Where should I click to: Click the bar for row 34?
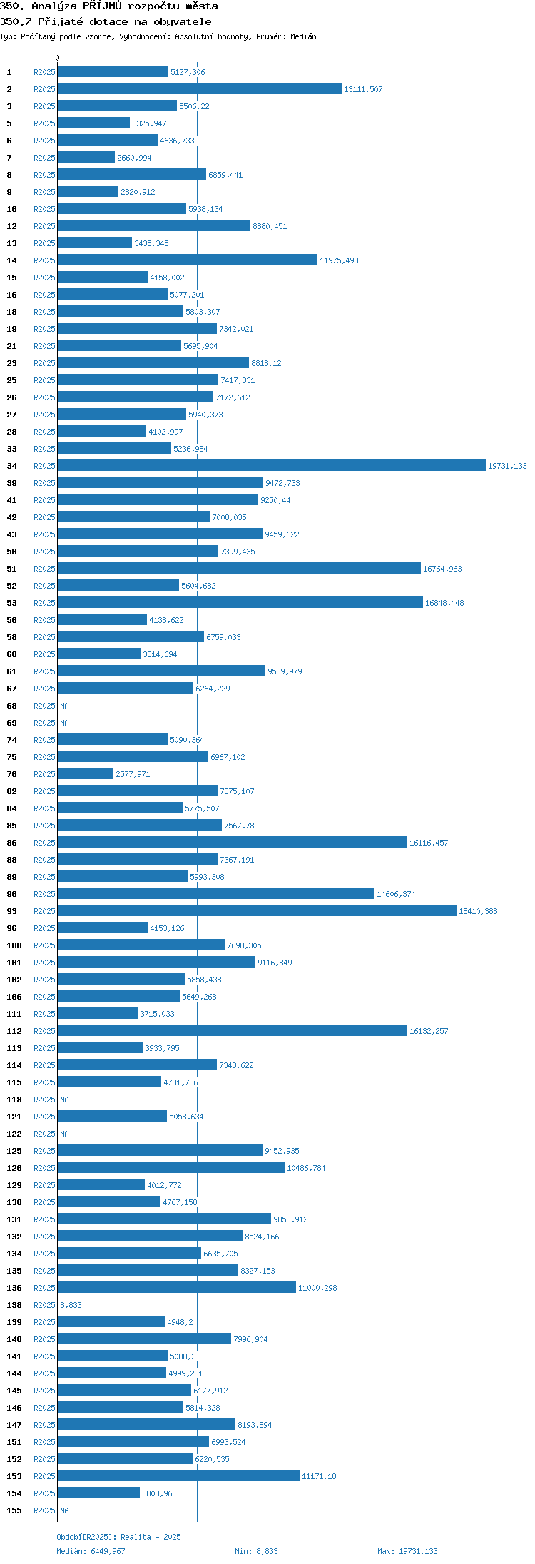(x=272, y=465)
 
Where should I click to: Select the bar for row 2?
(x=200, y=88)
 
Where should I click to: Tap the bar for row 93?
(x=258, y=910)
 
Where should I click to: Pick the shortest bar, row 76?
(x=86, y=773)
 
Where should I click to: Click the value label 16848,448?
(x=444, y=603)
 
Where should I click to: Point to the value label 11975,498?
(x=339, y=260)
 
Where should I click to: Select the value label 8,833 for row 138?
(x=71, y=1305)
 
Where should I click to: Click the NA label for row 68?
(x=64, y=706)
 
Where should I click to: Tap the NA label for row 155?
(x=64, y=1510)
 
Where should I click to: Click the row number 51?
(x=11, y=569)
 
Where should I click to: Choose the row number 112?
(x=14, y=1031)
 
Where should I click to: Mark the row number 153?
(x=14, y=1476)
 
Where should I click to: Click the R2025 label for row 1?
(x=44, y=72)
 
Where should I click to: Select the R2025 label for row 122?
(x=44, y=1134)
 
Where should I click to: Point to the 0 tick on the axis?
(x=58, y=58)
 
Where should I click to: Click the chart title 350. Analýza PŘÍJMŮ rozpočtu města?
(x=109, y=6)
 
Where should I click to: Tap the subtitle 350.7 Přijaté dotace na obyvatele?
(x=106, y=21)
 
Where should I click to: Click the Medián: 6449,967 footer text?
(x=91, y=1551)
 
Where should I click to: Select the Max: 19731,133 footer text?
(x=407, y=1551)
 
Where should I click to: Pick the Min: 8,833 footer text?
(x=256, y=1551)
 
